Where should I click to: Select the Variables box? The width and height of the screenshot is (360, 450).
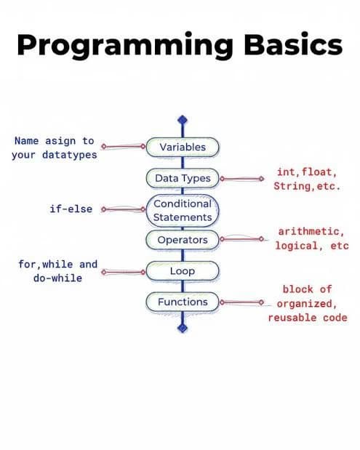[182, 147]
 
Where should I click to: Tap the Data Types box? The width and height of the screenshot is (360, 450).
[182, 178]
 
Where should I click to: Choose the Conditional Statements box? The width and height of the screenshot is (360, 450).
[182, 209]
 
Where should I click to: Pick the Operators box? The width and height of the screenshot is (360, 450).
[182, 240]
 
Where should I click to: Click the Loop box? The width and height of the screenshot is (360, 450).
[182, 271]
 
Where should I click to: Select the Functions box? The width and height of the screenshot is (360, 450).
[182, 302]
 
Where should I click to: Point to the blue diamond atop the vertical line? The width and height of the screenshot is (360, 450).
[183, 120]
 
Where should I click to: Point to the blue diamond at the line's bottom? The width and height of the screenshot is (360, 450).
[183, 329]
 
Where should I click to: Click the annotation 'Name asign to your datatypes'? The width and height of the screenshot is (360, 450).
[55, 148]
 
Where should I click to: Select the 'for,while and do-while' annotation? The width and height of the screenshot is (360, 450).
[57, 271]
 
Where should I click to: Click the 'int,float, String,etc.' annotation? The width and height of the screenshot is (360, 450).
[305, 179]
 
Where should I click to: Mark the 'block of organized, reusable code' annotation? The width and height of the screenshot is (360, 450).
[306, 303]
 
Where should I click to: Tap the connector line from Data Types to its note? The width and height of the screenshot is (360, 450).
[240, 178]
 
